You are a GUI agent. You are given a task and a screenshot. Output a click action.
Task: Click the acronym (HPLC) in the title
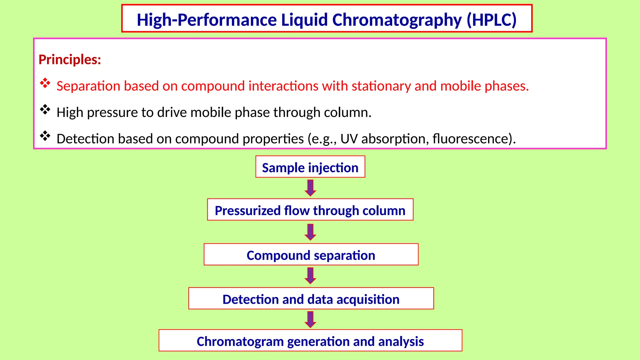[x=492, y=20]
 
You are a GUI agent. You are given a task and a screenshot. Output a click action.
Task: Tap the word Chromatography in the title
[x=397, y=20]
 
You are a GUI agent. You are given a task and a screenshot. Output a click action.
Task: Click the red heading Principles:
[x=70, y=59]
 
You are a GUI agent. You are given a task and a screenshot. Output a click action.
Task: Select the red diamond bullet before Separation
[x=45, y=83]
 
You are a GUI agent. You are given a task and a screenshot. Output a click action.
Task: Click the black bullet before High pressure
[x=45, y=109]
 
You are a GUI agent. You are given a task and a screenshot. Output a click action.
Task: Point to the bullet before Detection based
[x=45, y=136]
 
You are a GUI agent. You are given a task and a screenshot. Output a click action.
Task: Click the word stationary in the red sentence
[x=381, y=86]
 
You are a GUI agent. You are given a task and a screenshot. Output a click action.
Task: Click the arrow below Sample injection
[x=310, y=188]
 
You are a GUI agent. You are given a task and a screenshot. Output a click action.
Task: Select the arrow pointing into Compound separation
[x=310, y=232]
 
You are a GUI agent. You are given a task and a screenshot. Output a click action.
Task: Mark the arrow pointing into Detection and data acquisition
[x=310, y=276]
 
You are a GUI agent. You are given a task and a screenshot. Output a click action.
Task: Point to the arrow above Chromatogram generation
[x=310, y=319]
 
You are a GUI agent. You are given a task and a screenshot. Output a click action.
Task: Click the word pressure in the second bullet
[x=112, y=112]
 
